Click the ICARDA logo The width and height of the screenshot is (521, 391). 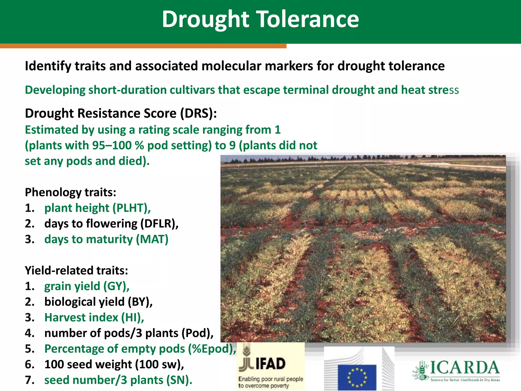point(457,371)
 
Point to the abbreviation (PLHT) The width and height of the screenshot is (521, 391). point(132,208)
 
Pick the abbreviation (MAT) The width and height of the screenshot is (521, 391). point(152,240)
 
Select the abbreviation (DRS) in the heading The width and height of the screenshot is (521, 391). point(198,113)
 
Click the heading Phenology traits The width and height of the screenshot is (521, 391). point(70,192)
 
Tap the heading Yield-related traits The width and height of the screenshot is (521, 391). point(76,270)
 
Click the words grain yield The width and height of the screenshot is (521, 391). point(72,286)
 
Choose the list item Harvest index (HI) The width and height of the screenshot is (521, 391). point(94,317)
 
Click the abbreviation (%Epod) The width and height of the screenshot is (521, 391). point(212,349)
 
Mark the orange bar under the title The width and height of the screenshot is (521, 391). point(143,46)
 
